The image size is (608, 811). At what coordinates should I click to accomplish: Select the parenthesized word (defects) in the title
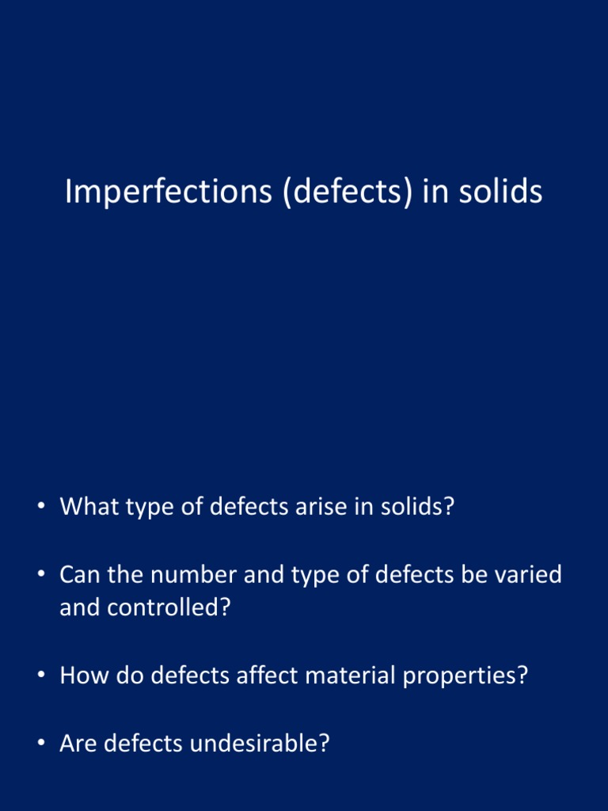tap(347, 192)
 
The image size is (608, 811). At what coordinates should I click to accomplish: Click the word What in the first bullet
tap(88, 506)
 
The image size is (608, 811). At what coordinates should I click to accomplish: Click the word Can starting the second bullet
tap(77, 574)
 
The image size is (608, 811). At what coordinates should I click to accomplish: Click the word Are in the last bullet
tap(78, 744)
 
